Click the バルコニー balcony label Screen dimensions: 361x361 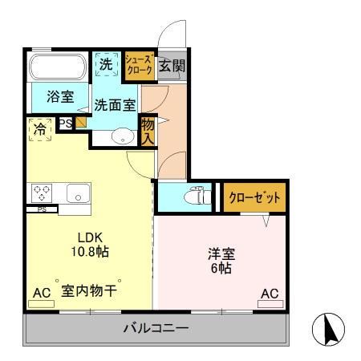pyautogui.click(x=156, y=328)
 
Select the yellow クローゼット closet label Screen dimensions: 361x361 pyautogui.click(x=254, y=198)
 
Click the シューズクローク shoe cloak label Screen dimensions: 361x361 pyautogui.click(x=139, y=64)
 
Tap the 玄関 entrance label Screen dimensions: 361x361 pyautogui.click(x=171, y=64)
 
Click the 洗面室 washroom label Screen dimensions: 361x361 pyautogui.click(x=116, y=104)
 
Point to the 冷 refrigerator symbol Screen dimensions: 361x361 pyautogui.click(x=40, y=128)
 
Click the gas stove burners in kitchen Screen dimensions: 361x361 pyautogui.click(x=42, y=193)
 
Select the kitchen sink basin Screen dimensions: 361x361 pyautogui.click(x=78, y=193)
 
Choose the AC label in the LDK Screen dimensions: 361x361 pyautogui.click(x=41, y=294)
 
